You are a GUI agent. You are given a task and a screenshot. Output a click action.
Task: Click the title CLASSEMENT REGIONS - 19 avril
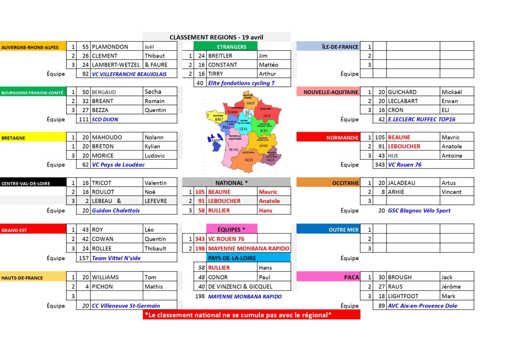click(216, 37)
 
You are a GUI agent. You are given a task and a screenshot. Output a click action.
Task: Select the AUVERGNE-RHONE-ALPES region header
click(30, 47)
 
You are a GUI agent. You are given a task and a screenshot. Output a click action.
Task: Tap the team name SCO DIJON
click(105, 119)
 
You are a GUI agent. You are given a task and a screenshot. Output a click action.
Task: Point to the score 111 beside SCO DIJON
click(83, 119)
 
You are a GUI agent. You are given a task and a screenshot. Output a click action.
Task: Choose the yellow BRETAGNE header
click(33, 137)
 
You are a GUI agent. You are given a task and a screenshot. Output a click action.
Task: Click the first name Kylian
click(152, 147)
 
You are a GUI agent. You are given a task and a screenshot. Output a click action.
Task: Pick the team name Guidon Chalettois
click(116, 210)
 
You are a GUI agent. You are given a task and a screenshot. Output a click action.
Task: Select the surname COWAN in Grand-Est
click(103, 239)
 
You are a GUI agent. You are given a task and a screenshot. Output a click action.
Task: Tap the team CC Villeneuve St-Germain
click(126, 306)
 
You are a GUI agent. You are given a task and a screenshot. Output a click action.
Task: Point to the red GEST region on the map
click(267, 116)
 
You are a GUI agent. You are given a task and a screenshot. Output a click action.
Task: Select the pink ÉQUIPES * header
click(231, 230)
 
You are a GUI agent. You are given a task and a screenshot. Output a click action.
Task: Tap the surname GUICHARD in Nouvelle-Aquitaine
click(402, 92)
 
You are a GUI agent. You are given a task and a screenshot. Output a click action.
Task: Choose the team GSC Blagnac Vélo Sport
click(419, 210)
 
